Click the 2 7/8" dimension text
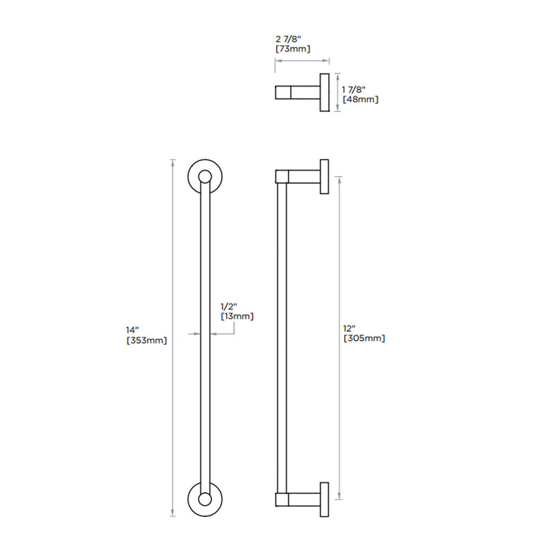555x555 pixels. click(x=289, y=39)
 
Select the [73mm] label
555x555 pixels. click(x=292, y=49)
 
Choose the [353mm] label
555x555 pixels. click(x=146, y=340)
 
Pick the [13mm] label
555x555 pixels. click(x=237, y=316)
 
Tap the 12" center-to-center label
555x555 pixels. click(x=350, y=327)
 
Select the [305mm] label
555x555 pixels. click(x=364, y=339)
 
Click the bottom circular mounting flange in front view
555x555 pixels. click(x=205, y=499)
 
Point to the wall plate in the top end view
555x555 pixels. click(x=324, y=92)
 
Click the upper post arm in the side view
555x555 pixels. click(x=303, y=176)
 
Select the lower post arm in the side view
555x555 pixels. click(x=303, y=498)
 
